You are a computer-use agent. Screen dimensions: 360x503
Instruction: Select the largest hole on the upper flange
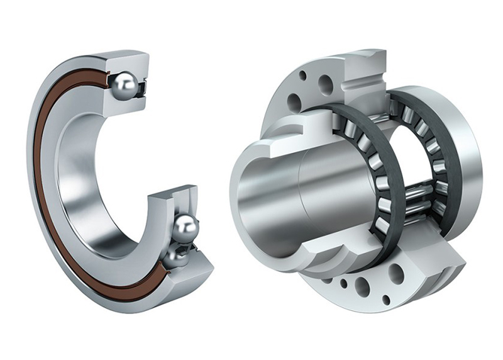click(326, 84)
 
